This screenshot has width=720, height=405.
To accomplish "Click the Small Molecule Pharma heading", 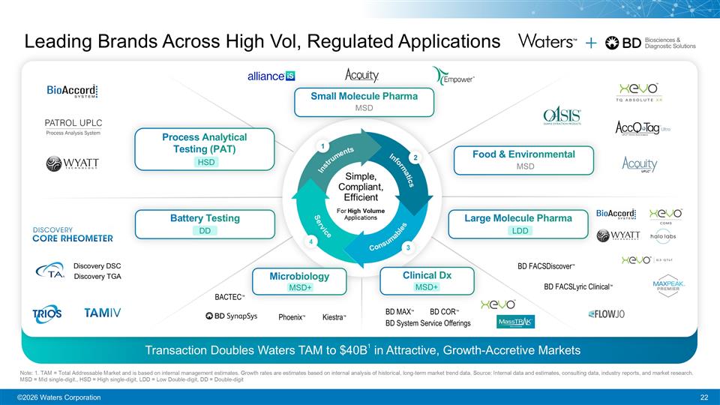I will pyautogui.click(x=364, y=96).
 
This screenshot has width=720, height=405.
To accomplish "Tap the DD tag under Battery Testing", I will pyautogui.click(x=204, y=231).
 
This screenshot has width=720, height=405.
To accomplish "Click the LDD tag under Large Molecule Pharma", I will pyautogui.click(x=520, y=231).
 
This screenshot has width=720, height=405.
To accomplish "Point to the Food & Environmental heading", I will pyautogui.click(x=523, y=154).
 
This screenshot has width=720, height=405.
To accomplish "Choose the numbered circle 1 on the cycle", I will pyautogui.click(x=321, y=145).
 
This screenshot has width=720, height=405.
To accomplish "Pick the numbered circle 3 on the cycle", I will pyautogui.click(x=407, y=247).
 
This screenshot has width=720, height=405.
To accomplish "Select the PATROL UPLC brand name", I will pyautogui.click(x=74, y=121).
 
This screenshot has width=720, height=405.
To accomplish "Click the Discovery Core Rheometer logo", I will pyautogui.click(x=73, y=234).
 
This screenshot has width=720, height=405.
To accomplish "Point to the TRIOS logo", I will pyautogui.click(x=47, y=313).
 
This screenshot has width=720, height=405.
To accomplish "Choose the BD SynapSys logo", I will pyautogui.click(x=231, y=316).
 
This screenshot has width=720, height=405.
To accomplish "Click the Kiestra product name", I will pyautogui.click(x=334, y=317).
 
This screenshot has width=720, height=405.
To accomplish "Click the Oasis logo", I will pyautogui.click(x=562, y=118).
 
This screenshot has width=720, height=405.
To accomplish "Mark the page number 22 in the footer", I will pyautogui.click(x=703, y=397).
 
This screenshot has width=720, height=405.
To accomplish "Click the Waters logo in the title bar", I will pyautogui.click(x=547, y=42).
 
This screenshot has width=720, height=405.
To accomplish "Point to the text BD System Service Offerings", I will pyautogui.click(x=427, y=323).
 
